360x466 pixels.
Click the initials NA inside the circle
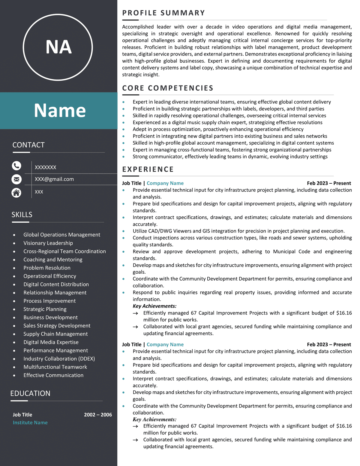pyautogui.click(x=58, y=47)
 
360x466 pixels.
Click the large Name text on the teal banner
pyautogui.click(x=60, y=110)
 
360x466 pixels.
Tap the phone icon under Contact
pyautogui.click(x=16, y=166)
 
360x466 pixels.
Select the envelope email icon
pyautogui.click(x=16, y=179)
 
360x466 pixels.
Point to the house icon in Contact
pyautogui.click(x=16, y=192)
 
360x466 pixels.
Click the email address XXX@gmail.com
pyautogui.click(x=54, y=179)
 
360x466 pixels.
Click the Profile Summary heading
pyautogui.click(x=163, y=13)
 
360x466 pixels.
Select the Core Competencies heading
pyautogui.click(x=168, y=88)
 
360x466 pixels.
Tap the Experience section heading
pyautogui.click(x=148, y=169)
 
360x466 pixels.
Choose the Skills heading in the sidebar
pyautogui.click(x=22, y=215)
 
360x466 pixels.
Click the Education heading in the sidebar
pyautogui.click(x=30, y=393)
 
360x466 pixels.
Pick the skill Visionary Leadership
pyautogui.click(x=48, y=243)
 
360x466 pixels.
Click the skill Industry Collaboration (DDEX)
pyautogui.click(x=59, y=359)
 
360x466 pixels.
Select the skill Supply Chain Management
pyautogui.click(x=55, y=334)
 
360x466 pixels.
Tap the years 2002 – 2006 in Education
pyautogui.click(x=98, y=415)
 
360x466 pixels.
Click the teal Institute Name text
pyautogui.click(x=30, y=422)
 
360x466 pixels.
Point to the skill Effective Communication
pyautogui.click(x=53, y=375)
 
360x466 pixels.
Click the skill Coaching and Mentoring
pyautogui.click(x=53, y=260)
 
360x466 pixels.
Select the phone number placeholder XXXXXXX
pyautogui.click(x=46, y=167)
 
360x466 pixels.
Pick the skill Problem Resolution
pyautogui.click(x=47, y=268)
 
